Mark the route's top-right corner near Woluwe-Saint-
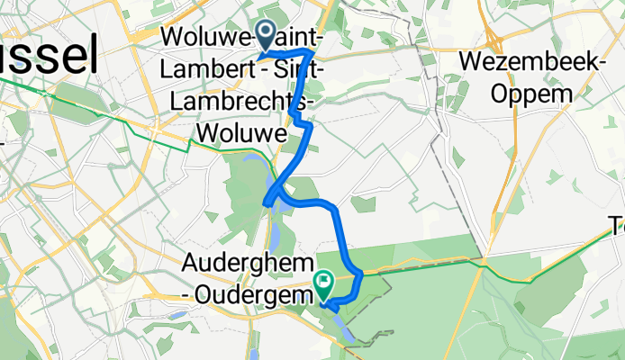tap(312, 53)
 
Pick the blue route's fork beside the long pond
tap(276, 192)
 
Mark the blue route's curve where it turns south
tap(337, 211)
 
